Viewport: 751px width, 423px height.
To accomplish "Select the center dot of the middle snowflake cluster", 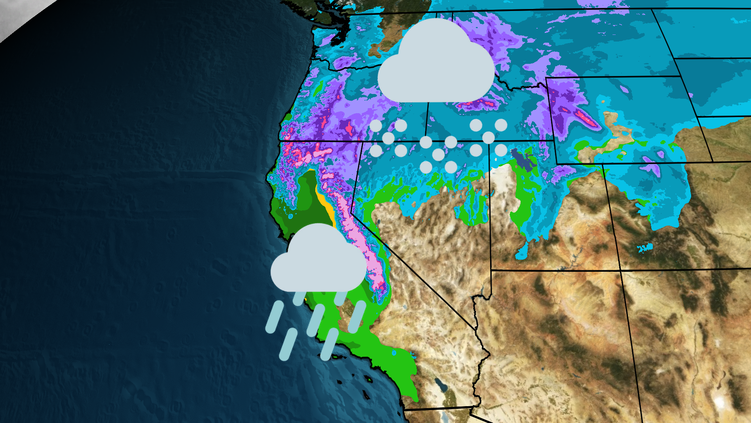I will coord(438,154).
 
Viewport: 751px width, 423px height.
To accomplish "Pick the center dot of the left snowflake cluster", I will coord(388,138).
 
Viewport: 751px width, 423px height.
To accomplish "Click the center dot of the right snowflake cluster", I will coord(488,137).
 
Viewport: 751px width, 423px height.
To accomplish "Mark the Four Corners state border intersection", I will coord(620,270).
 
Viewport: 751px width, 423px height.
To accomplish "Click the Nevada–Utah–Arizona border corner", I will coord(491,270).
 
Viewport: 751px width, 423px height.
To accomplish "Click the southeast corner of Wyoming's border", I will coord(712,161).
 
